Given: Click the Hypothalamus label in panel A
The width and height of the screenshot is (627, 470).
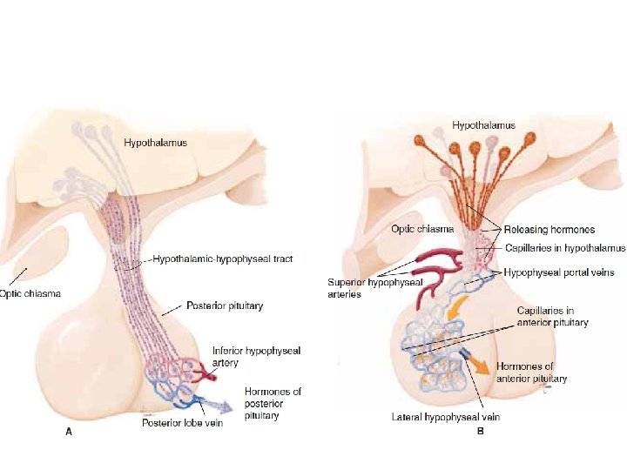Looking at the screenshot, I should pos(155,141).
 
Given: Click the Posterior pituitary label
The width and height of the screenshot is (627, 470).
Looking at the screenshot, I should pos(225,306).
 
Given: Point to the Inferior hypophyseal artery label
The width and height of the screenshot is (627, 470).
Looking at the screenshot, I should pos(256,356).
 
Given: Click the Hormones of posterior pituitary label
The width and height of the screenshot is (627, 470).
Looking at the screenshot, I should pos(273,404).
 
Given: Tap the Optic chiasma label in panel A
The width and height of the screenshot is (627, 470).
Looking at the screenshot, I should pos(30,293).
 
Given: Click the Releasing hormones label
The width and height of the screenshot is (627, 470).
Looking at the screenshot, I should pos(549,230).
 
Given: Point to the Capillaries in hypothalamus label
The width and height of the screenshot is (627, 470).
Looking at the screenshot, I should pos(565,248).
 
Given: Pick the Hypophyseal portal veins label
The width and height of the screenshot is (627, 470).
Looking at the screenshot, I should pos(559,272).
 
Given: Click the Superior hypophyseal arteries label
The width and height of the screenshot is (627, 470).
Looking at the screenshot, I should pos(362,287).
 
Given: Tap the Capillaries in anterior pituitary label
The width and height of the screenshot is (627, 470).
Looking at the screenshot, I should pos(552,316).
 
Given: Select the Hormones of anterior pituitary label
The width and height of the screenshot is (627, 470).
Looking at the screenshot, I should pos(531,373).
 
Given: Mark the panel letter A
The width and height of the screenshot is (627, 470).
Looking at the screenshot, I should pos(70,433).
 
